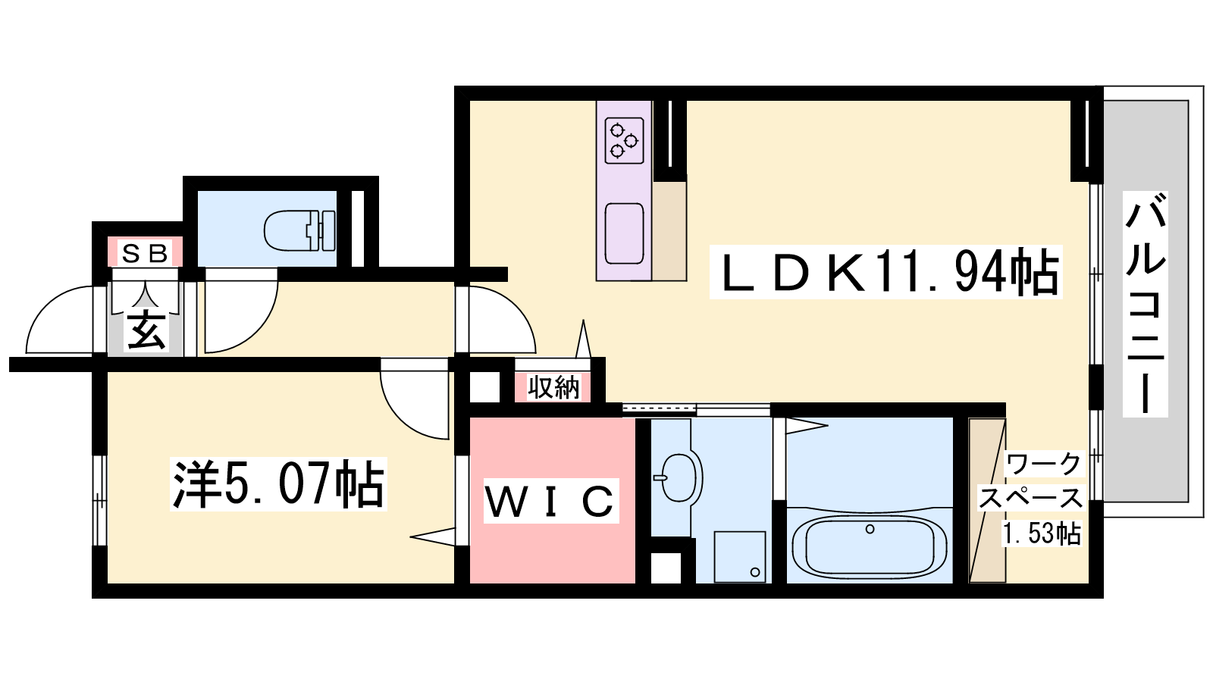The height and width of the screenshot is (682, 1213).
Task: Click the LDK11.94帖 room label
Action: tap(886, 272)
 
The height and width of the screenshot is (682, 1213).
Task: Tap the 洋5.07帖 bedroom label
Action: tap(278, 484)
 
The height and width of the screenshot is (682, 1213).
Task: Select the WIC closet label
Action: tap(550, 501)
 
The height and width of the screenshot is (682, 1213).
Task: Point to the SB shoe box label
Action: tap(145, 253)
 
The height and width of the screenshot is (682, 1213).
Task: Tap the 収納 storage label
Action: tap(553, 387)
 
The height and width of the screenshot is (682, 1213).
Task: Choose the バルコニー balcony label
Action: tap(1145, 304)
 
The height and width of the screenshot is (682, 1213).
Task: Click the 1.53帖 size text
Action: tap(1042, 533)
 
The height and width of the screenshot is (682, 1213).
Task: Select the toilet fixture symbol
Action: tap(299, 230)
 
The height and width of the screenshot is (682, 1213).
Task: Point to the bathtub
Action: tap(869, 546)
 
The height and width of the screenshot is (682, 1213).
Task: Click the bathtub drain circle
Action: tap(870, 530)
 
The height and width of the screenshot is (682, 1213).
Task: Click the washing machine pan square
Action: tap(740, 557)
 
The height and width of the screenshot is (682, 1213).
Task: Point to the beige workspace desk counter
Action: tap(986, 500)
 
